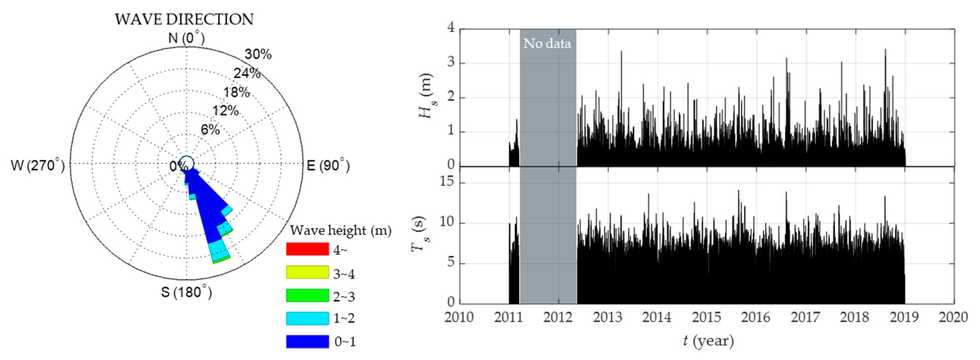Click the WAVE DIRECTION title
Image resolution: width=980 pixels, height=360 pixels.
[184, 19]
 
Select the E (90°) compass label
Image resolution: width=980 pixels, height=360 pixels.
[328, 166]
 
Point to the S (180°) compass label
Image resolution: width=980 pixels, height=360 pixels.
[186, 292]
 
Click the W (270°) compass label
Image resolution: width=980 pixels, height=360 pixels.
[38, 166]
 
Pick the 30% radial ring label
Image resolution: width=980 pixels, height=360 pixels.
[258, 54]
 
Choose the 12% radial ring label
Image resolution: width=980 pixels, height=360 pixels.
[225, 111]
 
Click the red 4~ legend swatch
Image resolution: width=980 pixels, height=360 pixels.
[307, 249]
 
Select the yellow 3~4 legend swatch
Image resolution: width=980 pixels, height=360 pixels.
[307, 272]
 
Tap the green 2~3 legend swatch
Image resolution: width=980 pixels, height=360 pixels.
[307, 295]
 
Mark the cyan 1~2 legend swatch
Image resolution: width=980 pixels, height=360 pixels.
[307, 318]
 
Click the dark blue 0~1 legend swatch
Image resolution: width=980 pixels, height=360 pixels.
[307, 341]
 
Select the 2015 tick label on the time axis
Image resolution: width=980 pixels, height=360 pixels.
[706, 317]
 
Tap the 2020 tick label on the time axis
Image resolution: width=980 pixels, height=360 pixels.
[953, 317]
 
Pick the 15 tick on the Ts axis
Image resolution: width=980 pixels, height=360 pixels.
[447, 182]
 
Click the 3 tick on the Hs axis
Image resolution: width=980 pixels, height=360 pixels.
[451, 62]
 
